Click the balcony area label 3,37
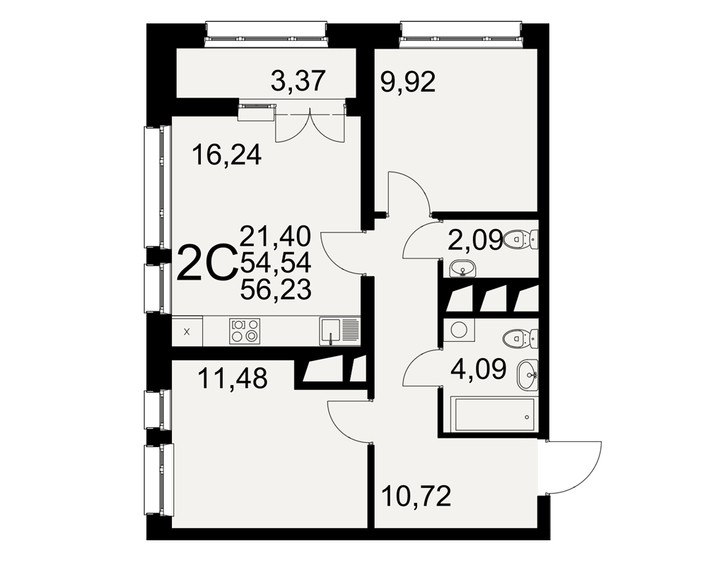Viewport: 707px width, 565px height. tap(298, 81)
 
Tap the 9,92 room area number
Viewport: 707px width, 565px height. tap(408, 83)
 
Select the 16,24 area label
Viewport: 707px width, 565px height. tap(226, 155)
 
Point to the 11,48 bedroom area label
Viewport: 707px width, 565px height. tap(233, 379)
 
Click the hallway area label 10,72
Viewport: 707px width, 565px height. tap(416, 496)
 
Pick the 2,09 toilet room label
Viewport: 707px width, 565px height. tap(475, 239)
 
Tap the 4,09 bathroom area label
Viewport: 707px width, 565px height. tap(479, 369)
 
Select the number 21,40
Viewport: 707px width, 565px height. tap(276, 236)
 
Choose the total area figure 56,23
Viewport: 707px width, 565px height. tap(276, 290)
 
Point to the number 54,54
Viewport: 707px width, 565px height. tap(276, 263)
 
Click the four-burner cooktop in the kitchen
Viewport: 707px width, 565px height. tap(245, 331)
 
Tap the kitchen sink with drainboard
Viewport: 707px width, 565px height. tap(339, 331)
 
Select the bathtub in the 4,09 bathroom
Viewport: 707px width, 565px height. tap(495, 414)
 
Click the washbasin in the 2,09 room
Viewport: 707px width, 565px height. tap(462, 269)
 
